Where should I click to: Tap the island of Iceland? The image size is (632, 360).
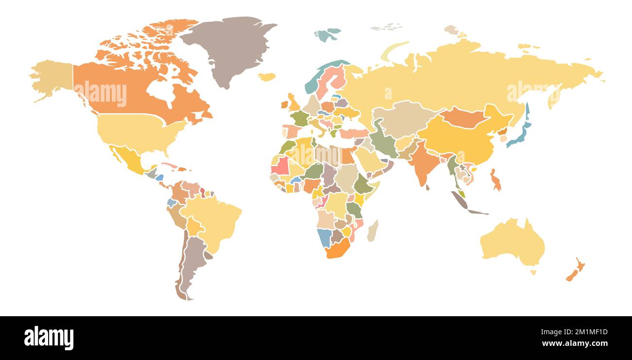(266, 77)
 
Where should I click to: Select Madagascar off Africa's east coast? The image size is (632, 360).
(372, 231)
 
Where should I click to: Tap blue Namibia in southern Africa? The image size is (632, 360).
(324, 237)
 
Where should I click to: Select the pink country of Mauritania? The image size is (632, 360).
(281, 166)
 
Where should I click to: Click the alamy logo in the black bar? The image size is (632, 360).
(49, 338)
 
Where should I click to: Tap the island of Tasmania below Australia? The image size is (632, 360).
(533, 272)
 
